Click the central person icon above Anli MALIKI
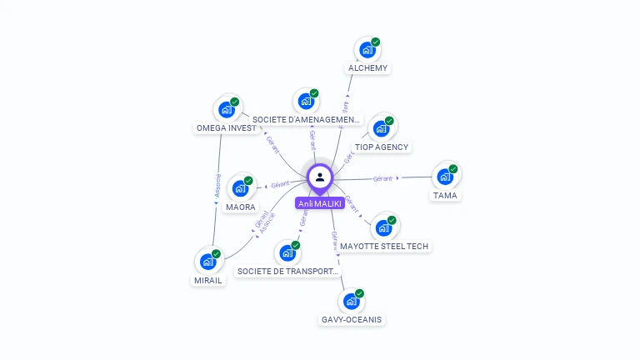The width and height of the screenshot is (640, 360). (320, 177)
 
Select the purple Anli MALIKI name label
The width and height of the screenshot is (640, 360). (320, 203)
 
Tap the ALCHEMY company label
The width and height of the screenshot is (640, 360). (367, 67)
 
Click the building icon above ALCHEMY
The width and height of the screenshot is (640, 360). (367, 50)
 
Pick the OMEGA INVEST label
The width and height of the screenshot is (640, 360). (226, 128)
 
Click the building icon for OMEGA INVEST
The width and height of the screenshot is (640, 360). (226, 109)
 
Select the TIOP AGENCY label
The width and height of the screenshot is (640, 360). (382, 147)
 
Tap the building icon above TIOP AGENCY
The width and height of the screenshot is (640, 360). (381, 128)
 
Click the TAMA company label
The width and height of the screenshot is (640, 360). (445, 195)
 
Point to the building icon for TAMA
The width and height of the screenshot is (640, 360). (445, 177)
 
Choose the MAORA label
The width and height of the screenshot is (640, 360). (241, 207)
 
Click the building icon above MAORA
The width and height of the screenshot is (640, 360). (240, 188)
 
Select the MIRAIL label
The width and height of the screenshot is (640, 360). (207, 280)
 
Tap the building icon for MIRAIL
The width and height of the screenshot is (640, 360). (208, 262)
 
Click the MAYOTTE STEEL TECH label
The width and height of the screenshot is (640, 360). (384, 246)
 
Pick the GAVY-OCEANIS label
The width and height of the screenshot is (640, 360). (352, 319)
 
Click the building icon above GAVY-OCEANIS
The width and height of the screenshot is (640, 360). (352, 301)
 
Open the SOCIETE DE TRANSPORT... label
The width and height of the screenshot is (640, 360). (288, 271)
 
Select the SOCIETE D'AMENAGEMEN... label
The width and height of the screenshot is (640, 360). (307, 120)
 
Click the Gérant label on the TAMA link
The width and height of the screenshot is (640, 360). (382, 178)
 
